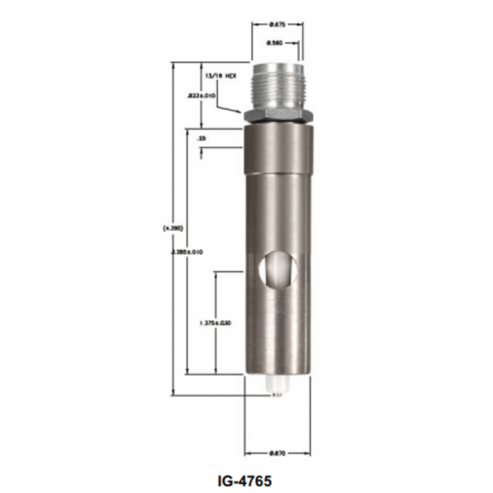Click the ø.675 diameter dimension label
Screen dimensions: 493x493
(x=277, y=25)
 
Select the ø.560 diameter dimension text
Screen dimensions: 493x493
(x=275, y=43)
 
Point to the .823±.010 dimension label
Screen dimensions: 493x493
(x=201, y=96)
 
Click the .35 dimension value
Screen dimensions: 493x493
(x=202, y=138)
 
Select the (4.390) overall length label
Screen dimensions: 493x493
(x=173, y=228)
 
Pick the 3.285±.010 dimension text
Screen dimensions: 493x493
(x=187, y=252)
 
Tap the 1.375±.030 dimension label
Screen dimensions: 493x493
(x=215, y=323)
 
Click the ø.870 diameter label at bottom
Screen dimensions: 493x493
(x=277, y=453)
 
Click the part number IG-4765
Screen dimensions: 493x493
(x=245, y=481)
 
